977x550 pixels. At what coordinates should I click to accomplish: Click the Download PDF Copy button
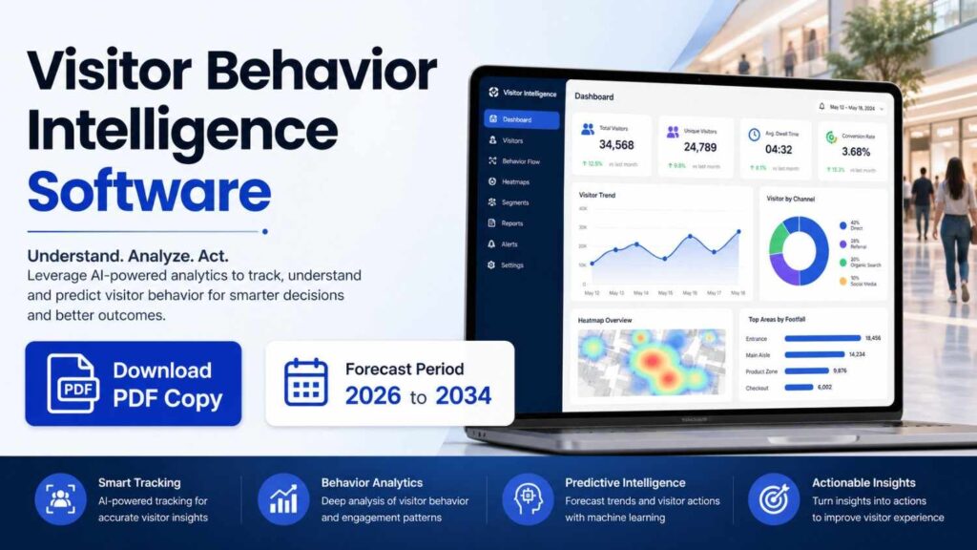(x=133, y=384)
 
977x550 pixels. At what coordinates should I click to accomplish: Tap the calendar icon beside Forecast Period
(x=306, y=383)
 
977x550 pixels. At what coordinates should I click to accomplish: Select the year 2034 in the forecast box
(x=463, y=395)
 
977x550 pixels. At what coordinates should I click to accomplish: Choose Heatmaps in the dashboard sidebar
(x=515, y=181)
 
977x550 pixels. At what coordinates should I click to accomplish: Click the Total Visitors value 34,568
(x=615, y=145)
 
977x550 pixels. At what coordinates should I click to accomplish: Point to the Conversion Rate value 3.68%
(x=856, y=152)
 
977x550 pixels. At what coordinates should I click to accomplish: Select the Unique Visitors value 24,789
(x=699, y=147)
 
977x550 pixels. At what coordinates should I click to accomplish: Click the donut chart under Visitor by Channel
(x=799, y=251)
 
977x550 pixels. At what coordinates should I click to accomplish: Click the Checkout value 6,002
(x=825, y=387)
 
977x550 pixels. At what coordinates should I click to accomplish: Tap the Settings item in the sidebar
(x=511, y=264)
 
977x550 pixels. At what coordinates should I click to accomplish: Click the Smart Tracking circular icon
(x=61, y=499)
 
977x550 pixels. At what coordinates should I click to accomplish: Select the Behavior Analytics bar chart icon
(x=284, y=499)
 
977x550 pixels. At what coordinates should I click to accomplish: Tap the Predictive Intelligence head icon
(x=528, y=499)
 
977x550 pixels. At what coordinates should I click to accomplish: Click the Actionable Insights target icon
(x=774, y=499)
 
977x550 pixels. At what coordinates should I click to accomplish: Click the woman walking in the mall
(x=954, y=224)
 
